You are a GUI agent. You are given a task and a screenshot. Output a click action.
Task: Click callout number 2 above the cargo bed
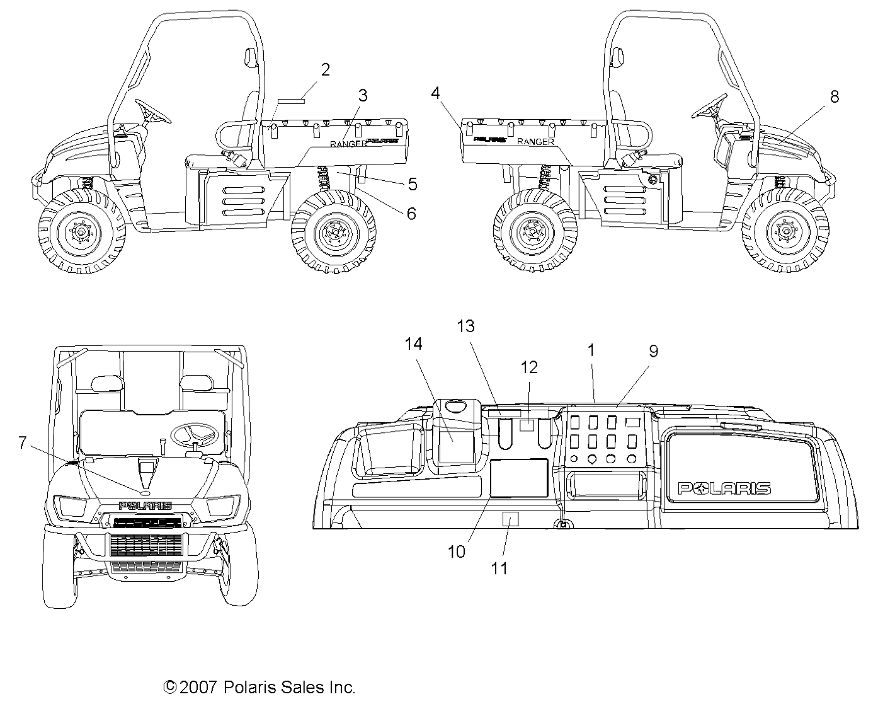(325, 69)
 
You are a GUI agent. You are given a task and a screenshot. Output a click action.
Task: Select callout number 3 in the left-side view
(362, 96)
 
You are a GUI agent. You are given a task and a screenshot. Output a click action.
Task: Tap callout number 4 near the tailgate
(435, 94)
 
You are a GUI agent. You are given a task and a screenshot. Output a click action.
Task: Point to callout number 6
(411, 214)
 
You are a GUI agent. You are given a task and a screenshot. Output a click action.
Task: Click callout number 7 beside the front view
(23, 443)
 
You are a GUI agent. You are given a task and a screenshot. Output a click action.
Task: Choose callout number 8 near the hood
(834, 96)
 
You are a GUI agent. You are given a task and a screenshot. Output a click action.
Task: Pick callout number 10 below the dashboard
(457, 551)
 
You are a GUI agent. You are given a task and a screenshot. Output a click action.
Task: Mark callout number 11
(499, 568)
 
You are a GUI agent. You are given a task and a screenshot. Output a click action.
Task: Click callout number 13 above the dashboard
(466, 326)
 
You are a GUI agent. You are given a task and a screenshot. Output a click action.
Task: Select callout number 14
(414, 343)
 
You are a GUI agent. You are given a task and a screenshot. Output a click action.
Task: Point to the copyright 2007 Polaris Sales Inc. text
(259, 687)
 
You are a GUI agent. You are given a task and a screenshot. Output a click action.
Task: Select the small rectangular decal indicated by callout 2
(292, 100)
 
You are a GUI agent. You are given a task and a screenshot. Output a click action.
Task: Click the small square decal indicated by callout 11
(510, 519)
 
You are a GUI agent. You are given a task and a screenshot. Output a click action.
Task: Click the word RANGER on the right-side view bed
(535, 142)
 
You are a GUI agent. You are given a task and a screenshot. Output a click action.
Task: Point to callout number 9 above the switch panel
(653, 351)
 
